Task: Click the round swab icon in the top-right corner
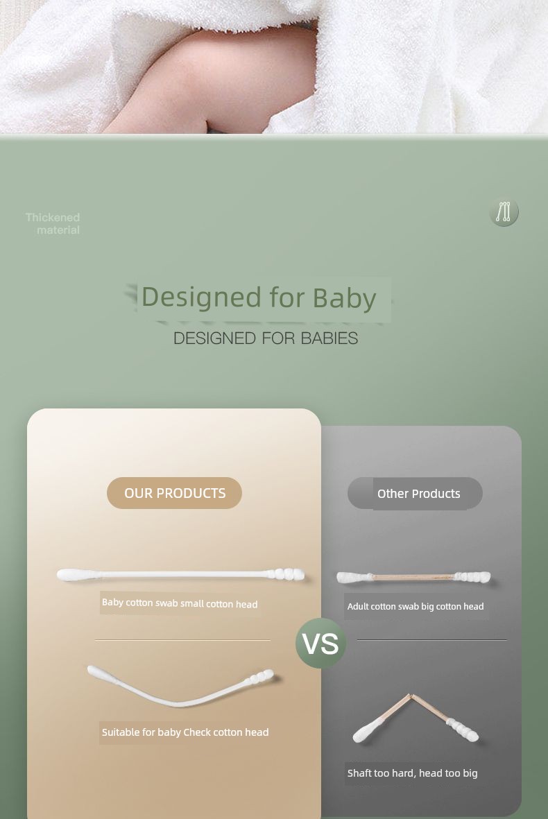tap(504, 212)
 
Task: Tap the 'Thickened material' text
tap(53, 223)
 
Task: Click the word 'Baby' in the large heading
tap(344, 298)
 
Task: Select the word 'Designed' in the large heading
tap(201, 297)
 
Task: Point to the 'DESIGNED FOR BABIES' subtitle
tap(266, 338)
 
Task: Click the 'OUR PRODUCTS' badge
tap(175, 492)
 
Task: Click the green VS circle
tap(320, 643)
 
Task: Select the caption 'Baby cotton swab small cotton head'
tap(180, 603)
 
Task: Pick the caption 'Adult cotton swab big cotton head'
tap(416, 606)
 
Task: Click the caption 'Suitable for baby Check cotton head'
tap(185, 732)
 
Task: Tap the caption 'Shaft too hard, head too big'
tap(412, 773)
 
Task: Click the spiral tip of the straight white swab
tap(286, 574)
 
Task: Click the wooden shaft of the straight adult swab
tap(413, 577)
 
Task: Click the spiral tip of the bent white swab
tap(260, 677)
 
